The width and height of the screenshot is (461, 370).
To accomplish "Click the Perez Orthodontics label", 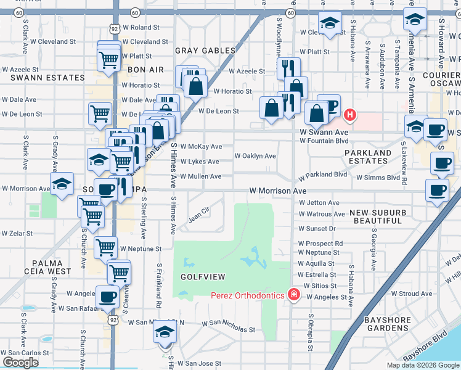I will pyautogui.click(x=247, y=295).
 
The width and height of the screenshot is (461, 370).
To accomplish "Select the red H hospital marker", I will pyautogui.click(x=350, y=115).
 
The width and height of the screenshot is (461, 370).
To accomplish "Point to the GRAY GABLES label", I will pyautogui.click(x=206, y=51).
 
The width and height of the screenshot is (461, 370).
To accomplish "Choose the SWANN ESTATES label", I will pyautogui.click(x=47, y=78).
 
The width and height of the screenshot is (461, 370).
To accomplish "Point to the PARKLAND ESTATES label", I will pyautogui.click(x=368, y=157).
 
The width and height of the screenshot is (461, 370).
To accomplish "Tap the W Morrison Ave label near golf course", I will pyautogui.click(x=278, y=191).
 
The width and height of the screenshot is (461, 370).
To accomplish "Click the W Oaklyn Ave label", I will pyautogui.click(x=255, y=156).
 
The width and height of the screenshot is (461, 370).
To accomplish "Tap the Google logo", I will pyautogui.click(x=20, y=363).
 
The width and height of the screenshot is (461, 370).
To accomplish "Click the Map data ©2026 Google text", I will pyautogui.click(x=422, y=365).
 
